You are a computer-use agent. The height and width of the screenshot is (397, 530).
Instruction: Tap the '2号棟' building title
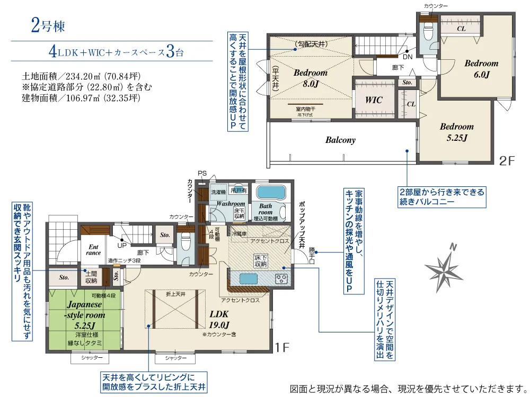point(47,25)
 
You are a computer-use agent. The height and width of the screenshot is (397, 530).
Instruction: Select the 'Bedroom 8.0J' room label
point(311,78)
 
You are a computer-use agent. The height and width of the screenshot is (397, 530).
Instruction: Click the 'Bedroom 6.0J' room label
point(481,68)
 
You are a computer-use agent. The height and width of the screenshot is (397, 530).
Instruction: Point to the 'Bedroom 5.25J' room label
point(456,132)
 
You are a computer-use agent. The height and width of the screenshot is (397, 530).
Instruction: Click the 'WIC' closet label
point(374,100)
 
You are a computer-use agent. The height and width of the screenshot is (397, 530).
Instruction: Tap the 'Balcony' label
point(340,140)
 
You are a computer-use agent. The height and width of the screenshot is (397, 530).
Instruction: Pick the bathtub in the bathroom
point(270,192)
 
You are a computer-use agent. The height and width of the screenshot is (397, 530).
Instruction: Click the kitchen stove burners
point(280,278)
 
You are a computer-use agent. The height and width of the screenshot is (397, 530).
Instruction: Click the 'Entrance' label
point(93,249)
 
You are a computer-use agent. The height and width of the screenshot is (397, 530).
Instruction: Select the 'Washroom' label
point(231,203)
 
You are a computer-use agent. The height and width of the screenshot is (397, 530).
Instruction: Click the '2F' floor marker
point(507,161)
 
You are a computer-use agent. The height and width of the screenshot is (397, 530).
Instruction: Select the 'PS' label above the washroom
point(202,173)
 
